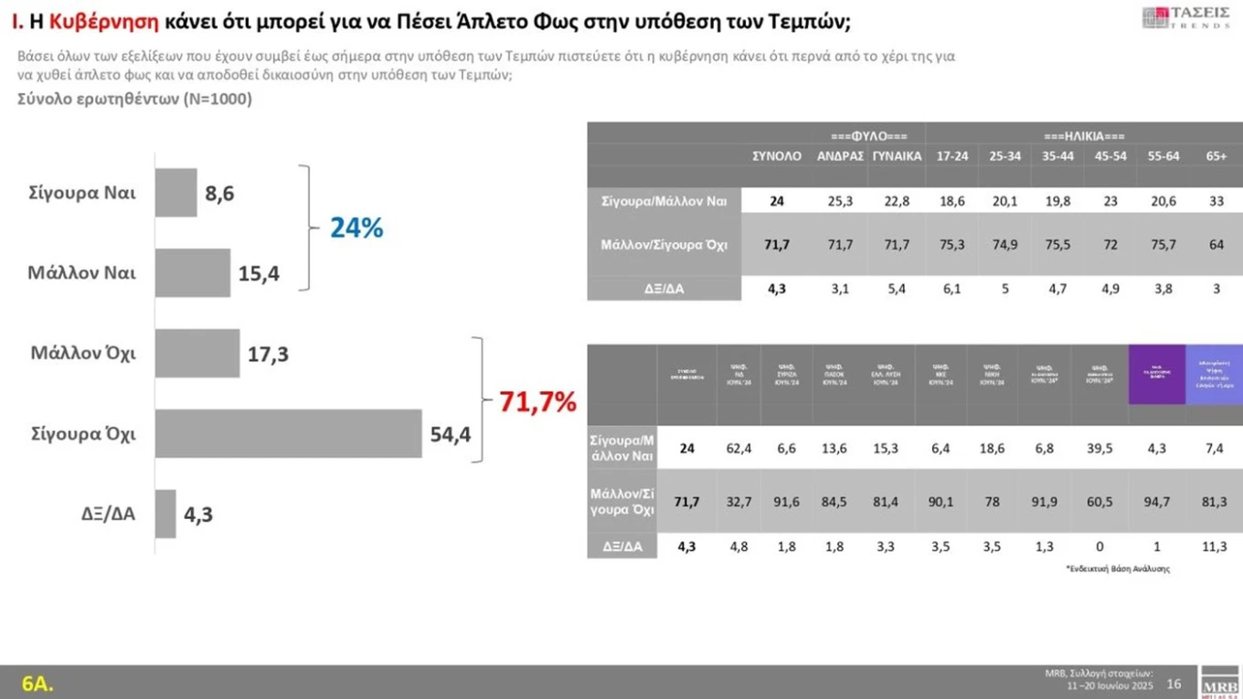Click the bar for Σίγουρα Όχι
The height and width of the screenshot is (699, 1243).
[288, 434]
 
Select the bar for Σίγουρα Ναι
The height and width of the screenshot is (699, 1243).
[175, 193]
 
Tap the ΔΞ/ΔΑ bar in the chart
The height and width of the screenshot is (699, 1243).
[165, 514]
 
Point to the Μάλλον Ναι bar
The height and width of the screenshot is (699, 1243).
[193, 272]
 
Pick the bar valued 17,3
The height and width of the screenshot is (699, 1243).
[197, 354]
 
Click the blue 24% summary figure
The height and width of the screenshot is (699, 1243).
[356, 228]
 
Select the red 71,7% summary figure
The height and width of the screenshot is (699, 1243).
[537, 401]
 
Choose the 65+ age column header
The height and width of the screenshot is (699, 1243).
[1216, 156]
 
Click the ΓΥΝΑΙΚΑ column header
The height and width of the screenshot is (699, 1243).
[896, 156]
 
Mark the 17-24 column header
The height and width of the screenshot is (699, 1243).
[952, 156]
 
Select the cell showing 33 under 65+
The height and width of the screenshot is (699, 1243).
[1216, 201]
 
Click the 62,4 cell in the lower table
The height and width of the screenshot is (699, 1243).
[738, 449]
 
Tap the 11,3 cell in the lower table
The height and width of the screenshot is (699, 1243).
[1215, 546]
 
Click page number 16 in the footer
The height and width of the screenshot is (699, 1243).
[1174, 684]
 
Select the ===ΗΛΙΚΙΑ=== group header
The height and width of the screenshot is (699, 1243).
[1083, 135]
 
